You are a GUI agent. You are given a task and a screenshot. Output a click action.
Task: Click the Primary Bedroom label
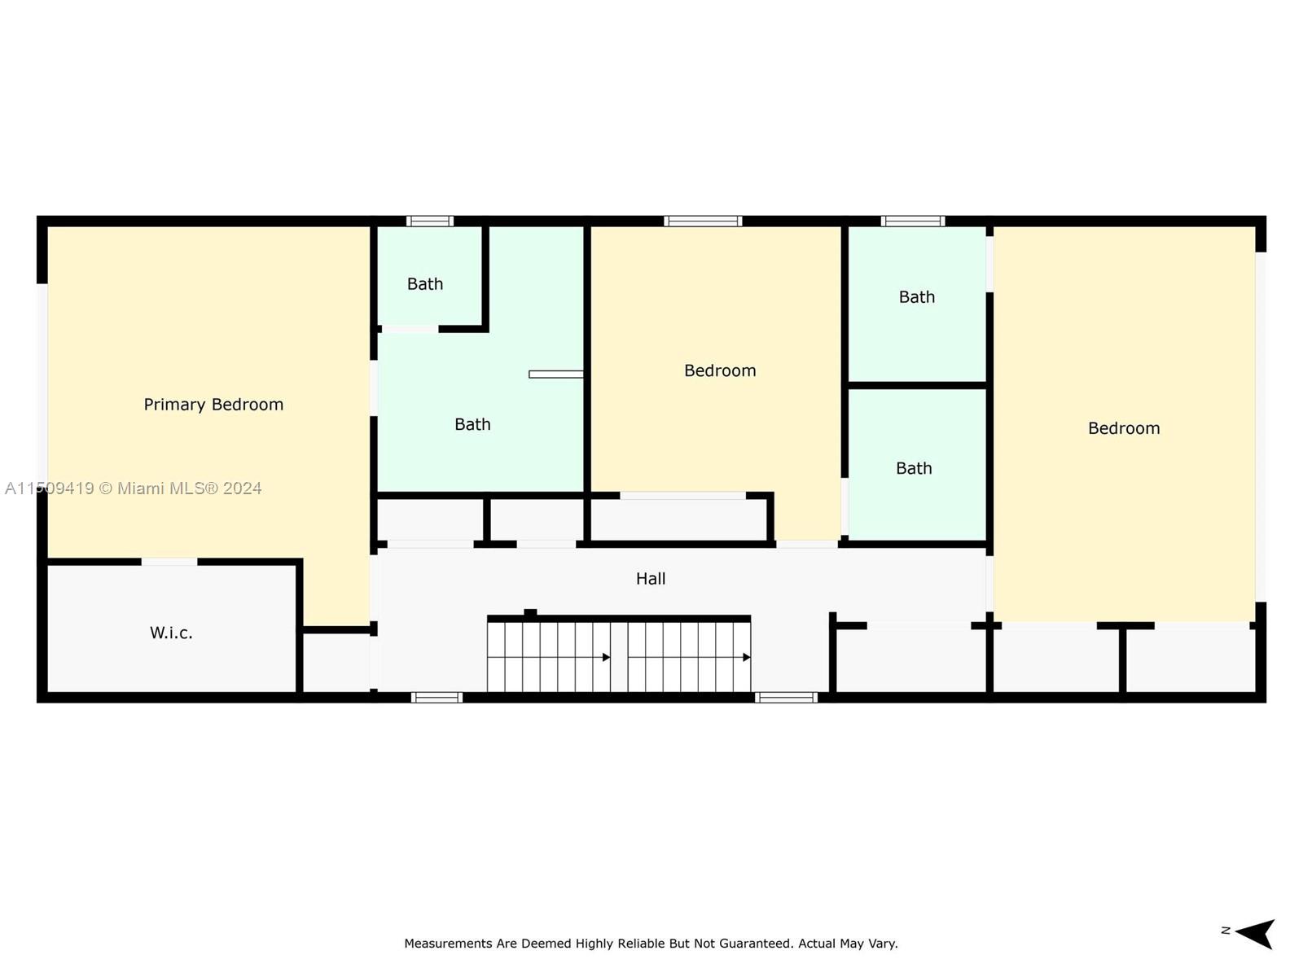coord(213,405)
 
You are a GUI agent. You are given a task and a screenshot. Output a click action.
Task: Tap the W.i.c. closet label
coord(171,633)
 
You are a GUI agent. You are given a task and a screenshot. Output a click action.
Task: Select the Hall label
coord(651,579)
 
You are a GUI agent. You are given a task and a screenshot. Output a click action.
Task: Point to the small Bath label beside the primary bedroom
coord(425,284)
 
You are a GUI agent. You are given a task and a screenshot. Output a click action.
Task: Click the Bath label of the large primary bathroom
coord(472,424)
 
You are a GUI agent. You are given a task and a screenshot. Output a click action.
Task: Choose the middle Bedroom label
coord(720,370)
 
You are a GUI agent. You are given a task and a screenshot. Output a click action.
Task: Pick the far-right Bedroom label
coord(1124,428)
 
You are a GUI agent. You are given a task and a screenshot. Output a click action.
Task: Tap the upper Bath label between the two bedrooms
coord(917,297)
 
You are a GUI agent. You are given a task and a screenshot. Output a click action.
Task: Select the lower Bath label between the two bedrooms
coord(914,468)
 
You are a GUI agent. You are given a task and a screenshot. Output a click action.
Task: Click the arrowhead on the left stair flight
coord(606,657)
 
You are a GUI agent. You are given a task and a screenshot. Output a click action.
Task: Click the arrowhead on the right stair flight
coord(746,657)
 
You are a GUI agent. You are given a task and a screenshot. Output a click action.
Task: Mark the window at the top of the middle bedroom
coord(703,221)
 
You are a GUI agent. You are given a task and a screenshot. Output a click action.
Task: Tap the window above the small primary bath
coord(430,221)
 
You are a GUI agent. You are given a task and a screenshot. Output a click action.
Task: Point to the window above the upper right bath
coord(913,221)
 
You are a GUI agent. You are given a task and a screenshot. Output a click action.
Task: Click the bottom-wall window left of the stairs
coord(437,697)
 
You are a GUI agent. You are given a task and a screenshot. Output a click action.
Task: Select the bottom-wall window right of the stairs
coord(786,697)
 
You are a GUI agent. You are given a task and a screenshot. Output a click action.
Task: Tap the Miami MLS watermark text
coord(190,488)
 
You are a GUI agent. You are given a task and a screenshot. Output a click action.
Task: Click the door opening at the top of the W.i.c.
coord(169,562)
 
